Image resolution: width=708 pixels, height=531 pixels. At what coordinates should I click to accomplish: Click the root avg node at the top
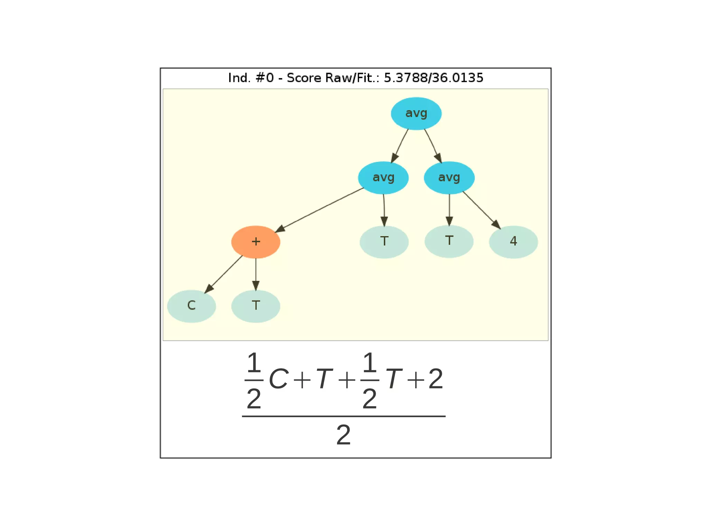(x=416, y=113)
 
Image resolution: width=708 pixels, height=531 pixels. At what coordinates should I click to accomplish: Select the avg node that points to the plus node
(x=383, y=177)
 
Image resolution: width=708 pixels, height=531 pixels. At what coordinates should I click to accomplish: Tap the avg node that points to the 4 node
(x=449, y=177)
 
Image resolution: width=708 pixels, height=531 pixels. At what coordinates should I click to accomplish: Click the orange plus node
(x=255, y=242)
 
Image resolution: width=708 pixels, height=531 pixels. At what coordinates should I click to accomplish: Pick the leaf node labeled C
(x=191, y=306)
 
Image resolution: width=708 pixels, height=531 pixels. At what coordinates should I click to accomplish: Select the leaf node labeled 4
(x=513, y=242)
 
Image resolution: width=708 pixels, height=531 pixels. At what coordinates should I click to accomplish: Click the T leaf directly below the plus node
(x=255, y=306)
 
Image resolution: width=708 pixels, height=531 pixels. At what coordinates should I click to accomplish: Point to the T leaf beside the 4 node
(x=449, y=241)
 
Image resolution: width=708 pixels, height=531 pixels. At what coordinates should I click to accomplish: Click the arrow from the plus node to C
(x=224, y=274)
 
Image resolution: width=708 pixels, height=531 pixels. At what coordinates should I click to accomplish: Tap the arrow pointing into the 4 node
(x=481, y=210)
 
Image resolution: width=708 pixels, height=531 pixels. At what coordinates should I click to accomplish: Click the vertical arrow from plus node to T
(x=256, y=274)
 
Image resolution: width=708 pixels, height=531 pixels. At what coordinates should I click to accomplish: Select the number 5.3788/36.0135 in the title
(x=434, y=78)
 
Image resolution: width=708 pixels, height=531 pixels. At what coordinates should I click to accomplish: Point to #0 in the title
(x=264, y=78)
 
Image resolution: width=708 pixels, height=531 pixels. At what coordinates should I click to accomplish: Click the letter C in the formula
(x=278, y=379)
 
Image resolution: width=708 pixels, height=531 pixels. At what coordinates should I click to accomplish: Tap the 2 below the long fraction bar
(x=343, y=435)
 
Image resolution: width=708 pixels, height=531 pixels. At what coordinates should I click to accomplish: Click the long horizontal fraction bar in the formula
(x=343, y=416)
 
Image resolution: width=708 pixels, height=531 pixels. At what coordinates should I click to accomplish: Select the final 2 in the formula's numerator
(x=436, y=379)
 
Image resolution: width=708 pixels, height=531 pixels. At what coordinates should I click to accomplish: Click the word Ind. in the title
(x=239, y=78)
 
